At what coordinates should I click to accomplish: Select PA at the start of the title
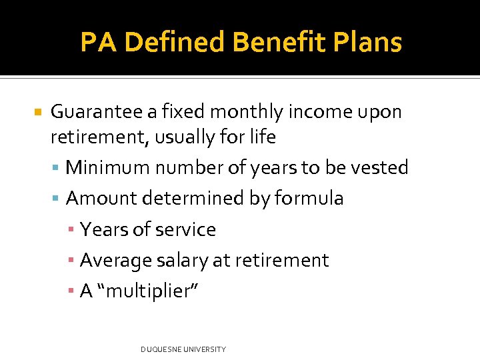[99, 43]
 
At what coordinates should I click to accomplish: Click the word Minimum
[111, 167]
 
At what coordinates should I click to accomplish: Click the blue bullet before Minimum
[57, 168]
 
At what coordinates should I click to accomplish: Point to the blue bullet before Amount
[57, 199]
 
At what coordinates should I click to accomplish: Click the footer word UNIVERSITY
[203, 349]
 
